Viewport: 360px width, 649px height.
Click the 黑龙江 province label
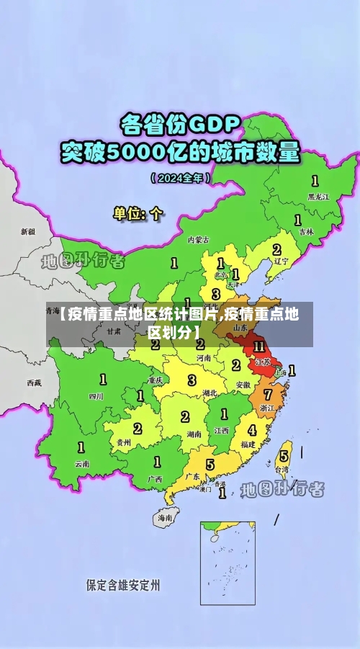(x=318, y=196)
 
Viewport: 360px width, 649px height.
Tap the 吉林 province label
(x=306, y=232)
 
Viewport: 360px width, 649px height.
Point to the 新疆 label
(x=27, y=232)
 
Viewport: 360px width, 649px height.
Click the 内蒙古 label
(x=197, y=239)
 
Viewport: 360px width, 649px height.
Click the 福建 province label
(x=248, y=444)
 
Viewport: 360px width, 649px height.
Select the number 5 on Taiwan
(x=284, y=456)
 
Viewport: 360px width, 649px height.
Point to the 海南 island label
(x=165, y=517)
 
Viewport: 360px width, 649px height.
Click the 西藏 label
(x=34, y=382)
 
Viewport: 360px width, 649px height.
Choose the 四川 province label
(x=96, y=395)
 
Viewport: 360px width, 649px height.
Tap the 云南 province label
(x=82, y=464)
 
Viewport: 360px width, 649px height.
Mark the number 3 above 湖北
(x=192, y=380)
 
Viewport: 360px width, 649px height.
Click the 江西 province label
(x=221, y=430)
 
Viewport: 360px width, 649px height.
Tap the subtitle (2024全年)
(x=181, y=176)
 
